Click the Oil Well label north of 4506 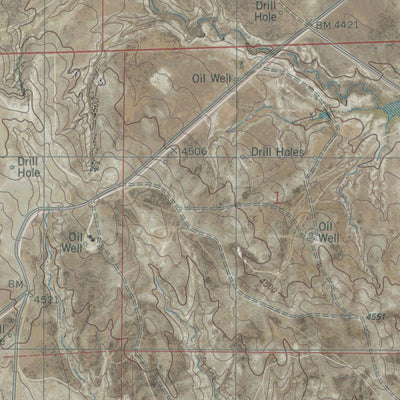click(x=212, y=77)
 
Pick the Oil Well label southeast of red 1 click(x=330, y=220)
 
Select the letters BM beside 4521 click(x=16, y=285)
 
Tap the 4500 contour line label click(x=266, y=288)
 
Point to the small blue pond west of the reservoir click(x=323, y=118)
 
